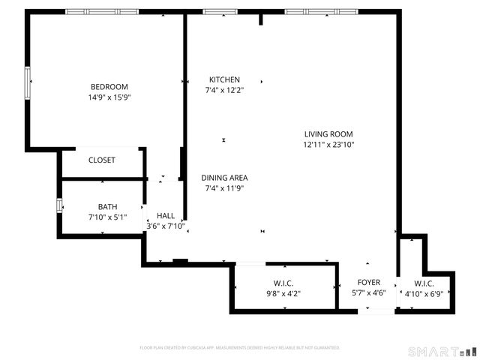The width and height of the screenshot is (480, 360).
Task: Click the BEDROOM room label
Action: pos(109,86)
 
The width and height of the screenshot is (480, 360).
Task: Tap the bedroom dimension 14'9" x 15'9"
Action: pos(109,97)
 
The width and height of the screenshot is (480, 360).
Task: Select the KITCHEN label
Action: pos(224,79)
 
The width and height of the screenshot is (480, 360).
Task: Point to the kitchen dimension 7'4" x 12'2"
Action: pos(224,90)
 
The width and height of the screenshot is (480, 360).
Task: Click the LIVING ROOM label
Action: pos(328,134)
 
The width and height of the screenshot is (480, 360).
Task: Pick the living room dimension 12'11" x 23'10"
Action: pos(328,145)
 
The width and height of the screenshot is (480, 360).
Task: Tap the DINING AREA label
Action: pos(225,178)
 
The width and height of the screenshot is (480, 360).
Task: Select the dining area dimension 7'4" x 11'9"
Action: pos(225,188)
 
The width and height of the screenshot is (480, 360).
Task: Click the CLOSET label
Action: pos(102,160)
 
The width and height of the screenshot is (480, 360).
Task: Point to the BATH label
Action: pos(108,207)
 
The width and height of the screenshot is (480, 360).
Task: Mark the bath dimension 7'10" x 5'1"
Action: pos(108,217)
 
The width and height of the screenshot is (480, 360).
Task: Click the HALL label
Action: pos(166,215)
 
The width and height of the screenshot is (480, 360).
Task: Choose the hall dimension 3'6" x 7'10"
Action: pos(166,226)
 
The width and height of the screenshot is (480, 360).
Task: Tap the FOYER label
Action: pos(368,283)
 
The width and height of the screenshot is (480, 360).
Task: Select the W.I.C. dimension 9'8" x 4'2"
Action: pos(283,293)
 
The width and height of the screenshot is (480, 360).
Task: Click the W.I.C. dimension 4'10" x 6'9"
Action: pos(424,293)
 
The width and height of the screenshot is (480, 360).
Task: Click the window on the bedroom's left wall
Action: pos(28,82)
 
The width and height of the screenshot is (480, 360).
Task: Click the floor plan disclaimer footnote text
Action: pos(240,348)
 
